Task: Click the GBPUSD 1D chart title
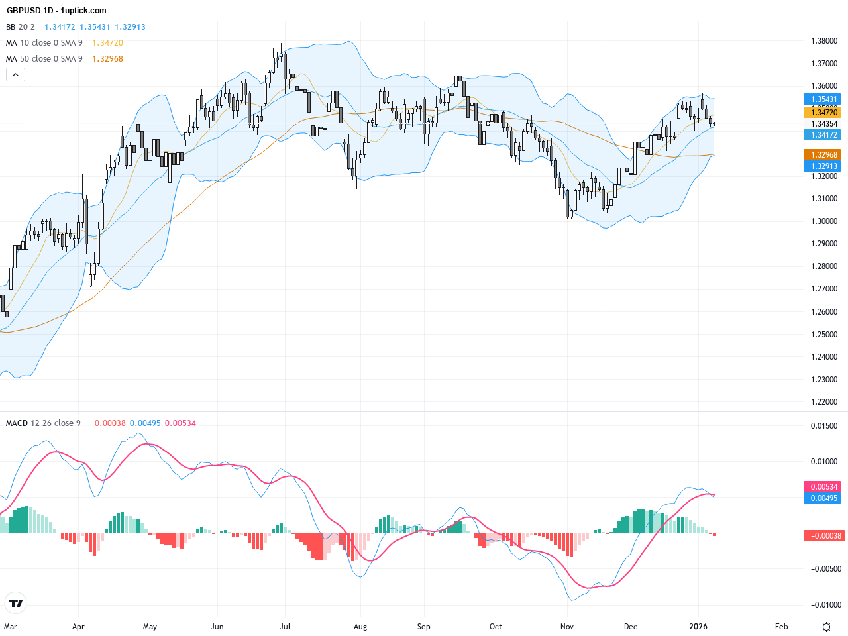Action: point(56,11)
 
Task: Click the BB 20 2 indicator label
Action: point(21,27)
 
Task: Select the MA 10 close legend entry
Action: point(44,43)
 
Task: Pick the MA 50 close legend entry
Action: point(44,59)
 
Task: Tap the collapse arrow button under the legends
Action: point(15,75)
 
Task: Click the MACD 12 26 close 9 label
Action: point(44,423)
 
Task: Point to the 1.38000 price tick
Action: point(824,41)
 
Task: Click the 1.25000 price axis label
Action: point(824,335)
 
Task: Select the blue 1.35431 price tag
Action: point(824,99)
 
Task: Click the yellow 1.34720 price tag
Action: point(824,113)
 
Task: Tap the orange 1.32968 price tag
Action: point(824,155)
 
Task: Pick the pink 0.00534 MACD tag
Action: point(824,487)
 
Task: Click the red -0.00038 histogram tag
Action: point(825,536)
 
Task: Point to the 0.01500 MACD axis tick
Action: point(824,426)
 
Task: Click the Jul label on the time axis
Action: point(285,627)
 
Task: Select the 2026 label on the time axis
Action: point(698,627)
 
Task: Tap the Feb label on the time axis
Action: point(782,627)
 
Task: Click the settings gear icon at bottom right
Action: point(826,627)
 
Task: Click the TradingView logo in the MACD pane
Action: point(15,603)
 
